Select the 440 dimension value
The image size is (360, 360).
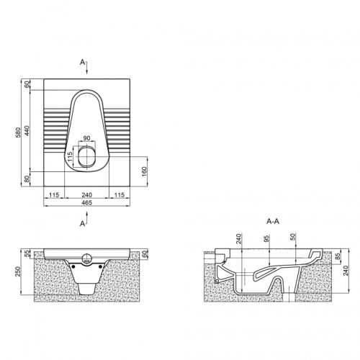pyautogui.click(x=27, y=130)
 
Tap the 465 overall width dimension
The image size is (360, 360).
pyautogui.click(x=86, y=203)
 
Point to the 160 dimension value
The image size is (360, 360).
pyautogui.click(x=144, y=171)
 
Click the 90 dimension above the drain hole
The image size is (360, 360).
pyautogui.click(x=86, y=138)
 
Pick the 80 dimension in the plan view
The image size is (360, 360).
pyautogui.click(x=27, y=179)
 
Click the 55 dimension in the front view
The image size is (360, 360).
pyautogui.click(x=27, y=253)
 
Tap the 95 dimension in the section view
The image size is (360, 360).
pyautogui.click(x=266, y=239)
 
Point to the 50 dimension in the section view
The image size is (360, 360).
pyautogui.click(x=292, y=237)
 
